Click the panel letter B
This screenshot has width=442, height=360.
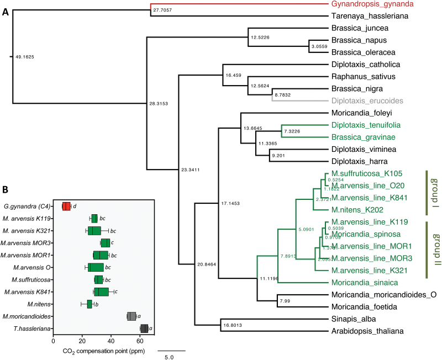[x=6, y=189]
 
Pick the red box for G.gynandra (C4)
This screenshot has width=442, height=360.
[x=66, y=207]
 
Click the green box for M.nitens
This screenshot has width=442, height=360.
[x=90, y=304]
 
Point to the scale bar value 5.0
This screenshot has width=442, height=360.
[x=170, y=357]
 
